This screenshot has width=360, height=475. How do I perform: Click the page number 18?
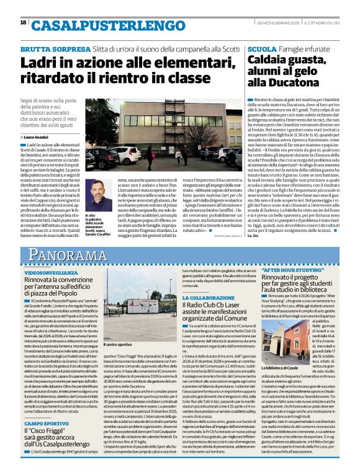click(x=23, y=22)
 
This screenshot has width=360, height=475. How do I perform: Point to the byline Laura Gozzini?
click(x=40, y=136)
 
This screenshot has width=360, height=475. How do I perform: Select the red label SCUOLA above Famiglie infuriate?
click(x=261, y=48)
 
